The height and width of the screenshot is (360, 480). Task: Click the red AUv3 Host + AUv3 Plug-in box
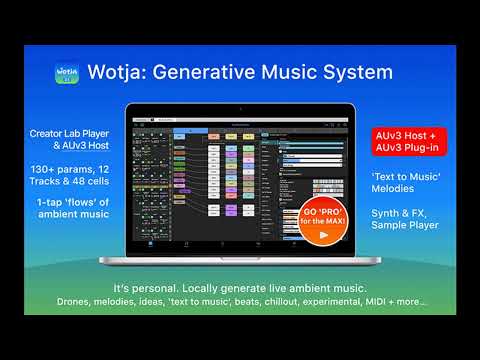[380, 141]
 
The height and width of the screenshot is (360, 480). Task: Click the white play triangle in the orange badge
[321, 235]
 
